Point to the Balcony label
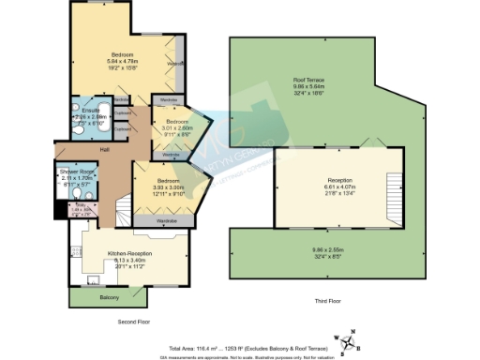tap(108, 297)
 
